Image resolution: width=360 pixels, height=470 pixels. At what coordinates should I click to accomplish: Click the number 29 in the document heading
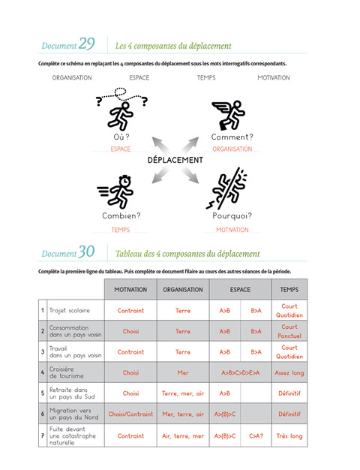pyautogui.click(x=86, y=44)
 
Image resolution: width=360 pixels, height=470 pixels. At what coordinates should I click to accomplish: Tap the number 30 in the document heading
pyautogui.click(x=86, y=252)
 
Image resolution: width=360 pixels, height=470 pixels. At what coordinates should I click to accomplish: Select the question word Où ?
pyautogui.click(x=121, y=137)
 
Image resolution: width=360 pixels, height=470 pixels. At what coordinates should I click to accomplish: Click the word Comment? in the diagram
pyautogui.click(x=232, y=137)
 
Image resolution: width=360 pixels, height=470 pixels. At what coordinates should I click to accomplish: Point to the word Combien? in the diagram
pyautogui.click(x=121, y=215)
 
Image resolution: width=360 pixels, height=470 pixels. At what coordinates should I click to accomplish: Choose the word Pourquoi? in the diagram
pyautogui.click(x=232, y=215)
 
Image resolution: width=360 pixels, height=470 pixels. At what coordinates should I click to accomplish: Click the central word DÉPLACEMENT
pyautogui.click(x=175, y=160)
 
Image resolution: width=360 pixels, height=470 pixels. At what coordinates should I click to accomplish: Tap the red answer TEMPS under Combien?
pyautogui.click(x=121, y=230)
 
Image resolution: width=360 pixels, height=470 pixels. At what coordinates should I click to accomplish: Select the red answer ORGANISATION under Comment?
pyautogui.click(x=232, y=149)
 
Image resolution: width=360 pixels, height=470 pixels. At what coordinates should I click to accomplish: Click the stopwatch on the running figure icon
pyautogui.click(x=124, y=181)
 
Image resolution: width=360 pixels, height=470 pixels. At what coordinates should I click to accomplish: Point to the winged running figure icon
pyautogui.click(x=229, y=115)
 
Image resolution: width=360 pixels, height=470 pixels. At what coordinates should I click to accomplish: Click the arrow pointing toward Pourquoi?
pyautogui.click(x=190, y=175)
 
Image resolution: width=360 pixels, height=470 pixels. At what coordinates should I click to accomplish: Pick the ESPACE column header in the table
pyautogui.click(x=240, y=290)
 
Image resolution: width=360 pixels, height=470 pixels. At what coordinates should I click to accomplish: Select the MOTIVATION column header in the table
pyautogui.click(x=130, y=290)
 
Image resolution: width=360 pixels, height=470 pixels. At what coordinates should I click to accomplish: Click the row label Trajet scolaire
pyautogui.click(x=70, y=311)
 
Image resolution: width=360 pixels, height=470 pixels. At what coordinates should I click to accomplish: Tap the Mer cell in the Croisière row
pyautogui.click(x=183, y=372)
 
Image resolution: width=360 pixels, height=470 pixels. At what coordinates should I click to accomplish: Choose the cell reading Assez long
pyautogui.click(x=289, y=373)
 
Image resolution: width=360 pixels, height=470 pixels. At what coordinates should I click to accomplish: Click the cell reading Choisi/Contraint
pyautogui.click(x=130, y=414)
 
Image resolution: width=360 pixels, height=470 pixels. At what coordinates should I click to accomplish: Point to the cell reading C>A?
pyautogui.click(x=256, y=435)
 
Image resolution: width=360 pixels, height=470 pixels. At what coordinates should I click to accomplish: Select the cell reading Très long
pyautogui.click(x=289, y=436)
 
